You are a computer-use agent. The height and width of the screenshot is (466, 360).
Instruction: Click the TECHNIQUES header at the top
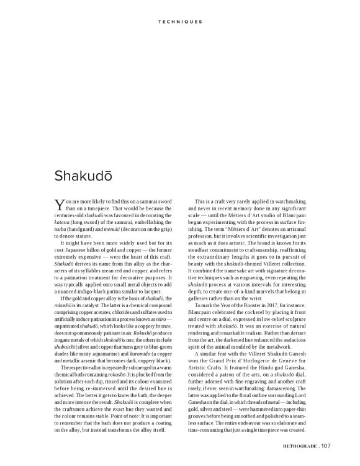click(180, 22)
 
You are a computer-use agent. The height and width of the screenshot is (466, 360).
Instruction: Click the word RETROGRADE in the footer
click(300, 444)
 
